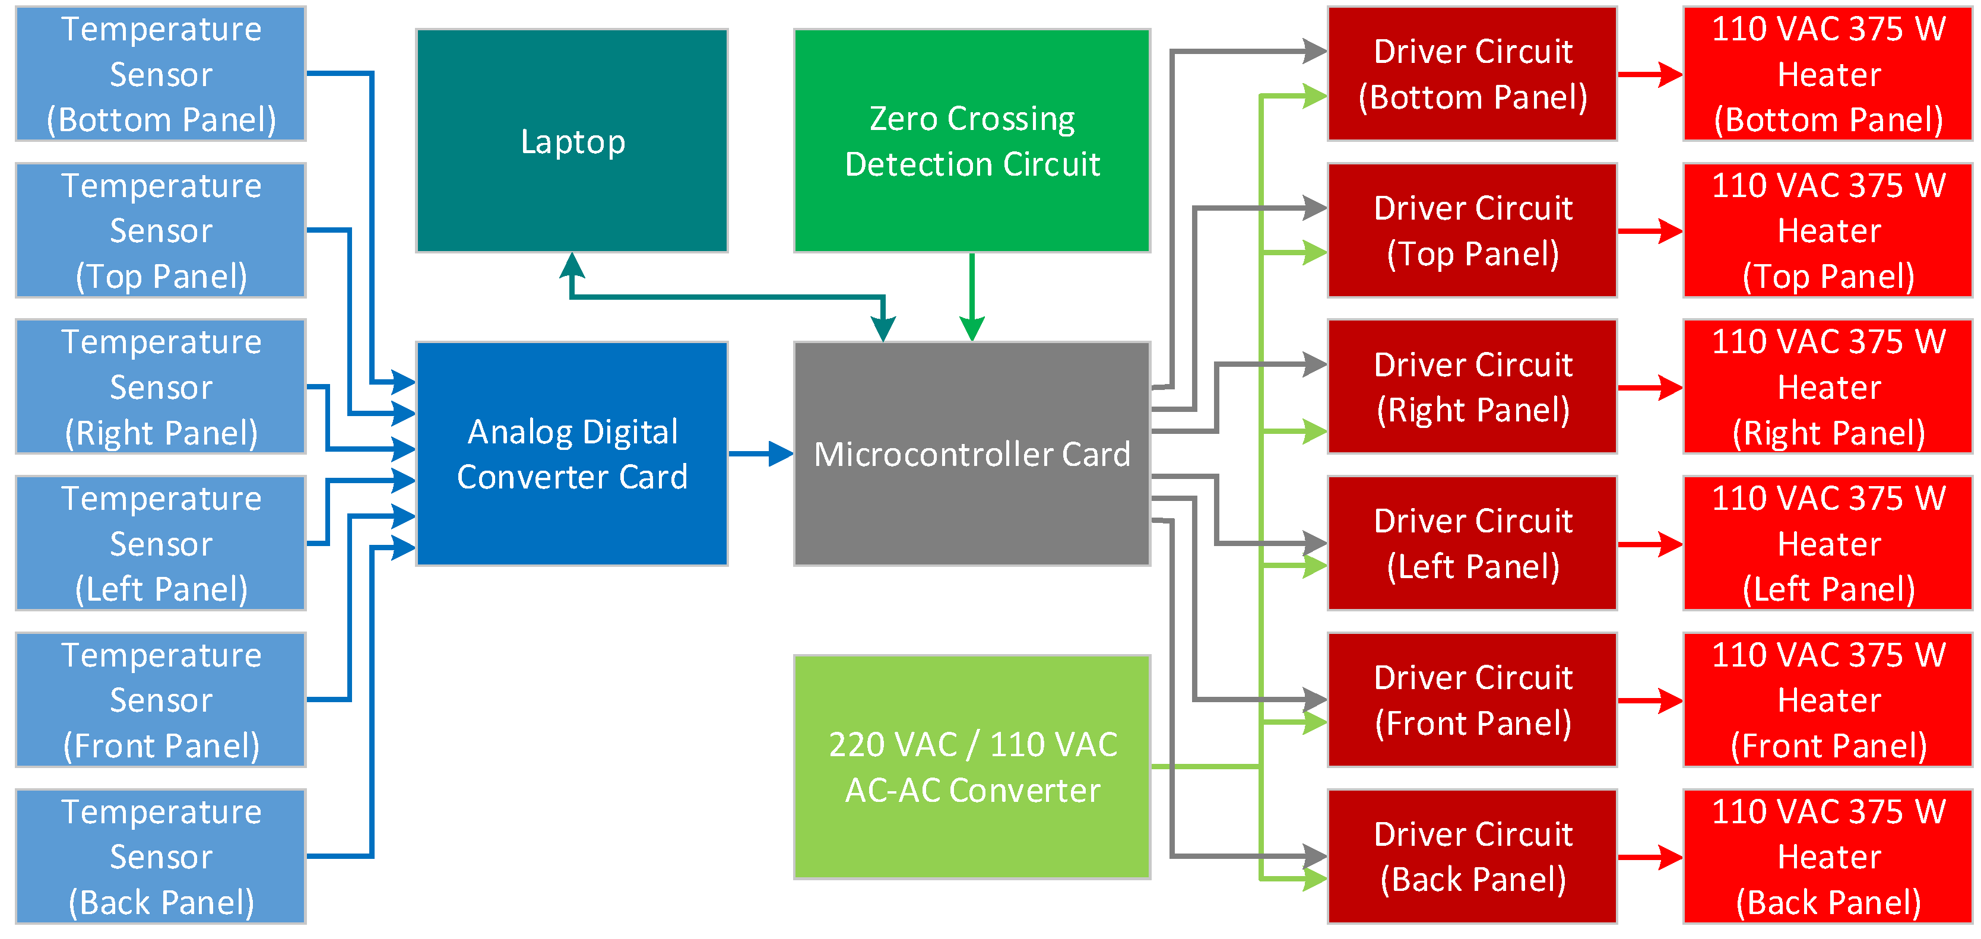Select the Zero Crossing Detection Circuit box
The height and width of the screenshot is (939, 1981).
point(971,141)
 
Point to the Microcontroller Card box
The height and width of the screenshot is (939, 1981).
point(971,453)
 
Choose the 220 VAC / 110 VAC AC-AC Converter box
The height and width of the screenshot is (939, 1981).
point(971,767)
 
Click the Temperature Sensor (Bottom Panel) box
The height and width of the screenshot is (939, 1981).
point(161,74)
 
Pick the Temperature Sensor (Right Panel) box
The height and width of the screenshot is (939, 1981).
point(161,387)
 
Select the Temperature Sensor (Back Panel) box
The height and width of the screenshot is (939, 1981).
point(161,856)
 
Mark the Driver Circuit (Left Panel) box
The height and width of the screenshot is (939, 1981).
point(1472,543)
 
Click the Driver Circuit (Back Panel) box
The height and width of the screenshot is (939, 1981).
point(1472,856)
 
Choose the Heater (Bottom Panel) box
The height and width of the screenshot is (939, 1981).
point(1828,74)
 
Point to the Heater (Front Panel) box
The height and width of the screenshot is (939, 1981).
point(1828,700)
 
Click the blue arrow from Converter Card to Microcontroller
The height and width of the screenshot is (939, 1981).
point(760,453)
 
